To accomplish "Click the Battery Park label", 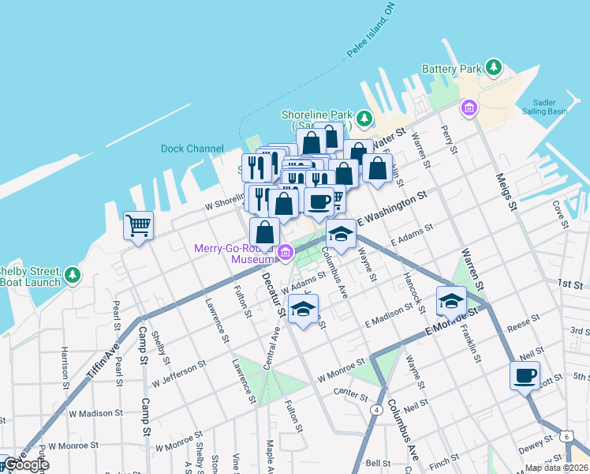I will point(451,69).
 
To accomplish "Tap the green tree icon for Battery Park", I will point(495,68).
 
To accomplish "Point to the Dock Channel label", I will point(192,149).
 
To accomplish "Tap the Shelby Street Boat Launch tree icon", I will point(73,274).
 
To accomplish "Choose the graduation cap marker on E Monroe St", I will point(450,300).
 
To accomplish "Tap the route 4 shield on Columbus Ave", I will point(378,409).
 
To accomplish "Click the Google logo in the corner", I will point(27,465).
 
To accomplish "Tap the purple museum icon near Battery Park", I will point(471,107).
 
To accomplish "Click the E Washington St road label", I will point(392,208).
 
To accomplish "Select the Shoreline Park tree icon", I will point(364,119).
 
